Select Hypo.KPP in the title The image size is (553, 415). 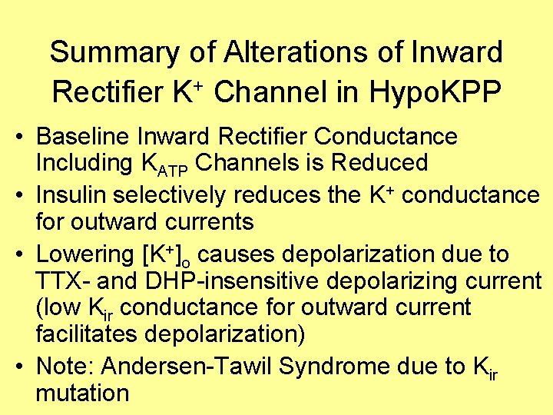tap(436, 93)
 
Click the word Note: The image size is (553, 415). tap(64, 367)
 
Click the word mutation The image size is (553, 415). tap(82, 393)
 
